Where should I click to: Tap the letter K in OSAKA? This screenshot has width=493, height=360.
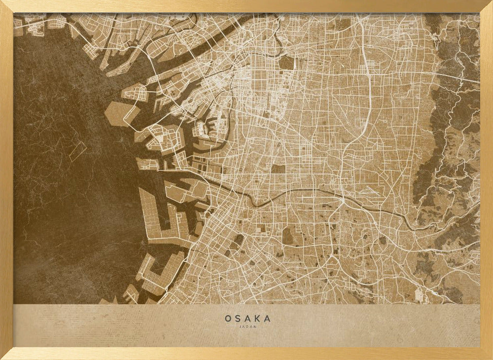(x=258, y=319)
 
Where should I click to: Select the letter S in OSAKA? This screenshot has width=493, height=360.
(x=238, y=319)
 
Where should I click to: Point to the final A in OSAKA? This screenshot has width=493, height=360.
(x=268, y=319)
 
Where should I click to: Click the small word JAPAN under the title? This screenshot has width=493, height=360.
(x=247, y=326)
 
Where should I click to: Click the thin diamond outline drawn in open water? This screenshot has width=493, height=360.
(x=77, y=151)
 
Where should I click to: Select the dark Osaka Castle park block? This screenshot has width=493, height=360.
(x=286, y=63)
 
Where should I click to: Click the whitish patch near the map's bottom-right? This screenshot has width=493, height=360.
(x=419, y=295)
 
